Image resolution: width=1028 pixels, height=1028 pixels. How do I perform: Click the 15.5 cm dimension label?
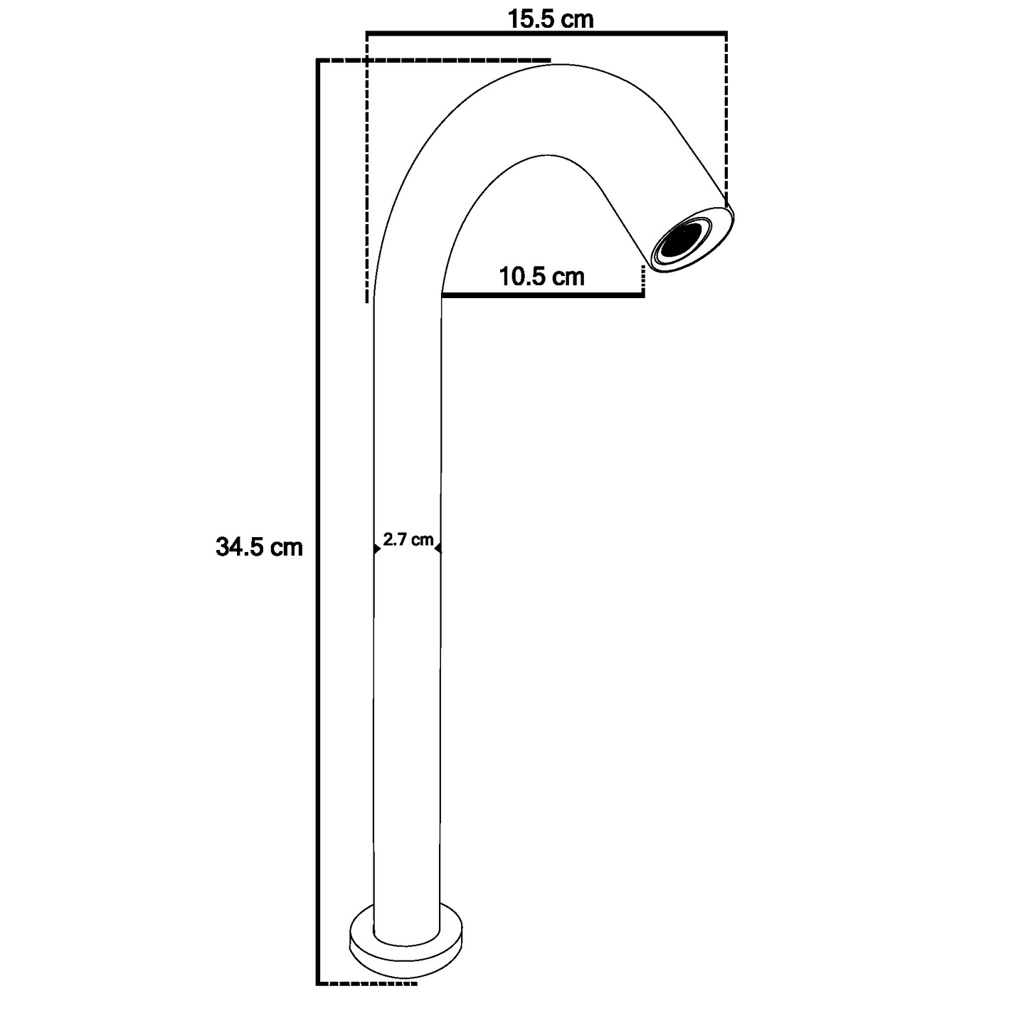551,20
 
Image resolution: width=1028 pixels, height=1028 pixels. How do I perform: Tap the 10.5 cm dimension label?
541,277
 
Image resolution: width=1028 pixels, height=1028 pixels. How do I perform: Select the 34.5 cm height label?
259,547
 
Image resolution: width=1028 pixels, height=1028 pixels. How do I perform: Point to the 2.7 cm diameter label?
408,540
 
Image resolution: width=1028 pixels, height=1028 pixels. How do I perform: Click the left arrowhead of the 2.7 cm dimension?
376,549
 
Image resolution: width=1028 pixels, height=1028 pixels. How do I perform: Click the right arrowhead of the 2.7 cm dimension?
438,549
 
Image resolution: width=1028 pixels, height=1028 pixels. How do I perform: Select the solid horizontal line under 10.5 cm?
543,295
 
